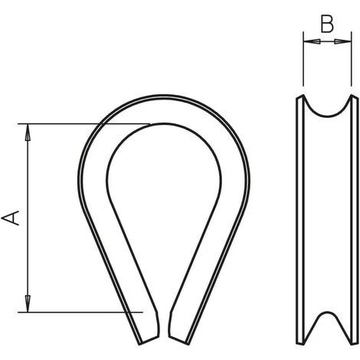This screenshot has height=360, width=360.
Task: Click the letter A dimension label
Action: click(10, 218)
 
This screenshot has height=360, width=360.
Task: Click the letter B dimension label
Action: click(327, 25)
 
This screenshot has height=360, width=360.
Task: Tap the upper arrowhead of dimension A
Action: click(28, 132)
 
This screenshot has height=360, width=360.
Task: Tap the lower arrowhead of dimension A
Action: click(28, 304)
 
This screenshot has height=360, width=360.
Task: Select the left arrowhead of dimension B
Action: click(312, 41)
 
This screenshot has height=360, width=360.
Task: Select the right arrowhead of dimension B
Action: click(343, 41)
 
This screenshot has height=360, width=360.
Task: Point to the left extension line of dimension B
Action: click(303, 59)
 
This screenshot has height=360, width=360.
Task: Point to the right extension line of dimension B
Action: click(352, 59)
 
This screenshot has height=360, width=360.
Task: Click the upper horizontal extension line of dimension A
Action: click(84, 124)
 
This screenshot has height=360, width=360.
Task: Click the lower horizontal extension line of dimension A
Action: click(80, 312)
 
